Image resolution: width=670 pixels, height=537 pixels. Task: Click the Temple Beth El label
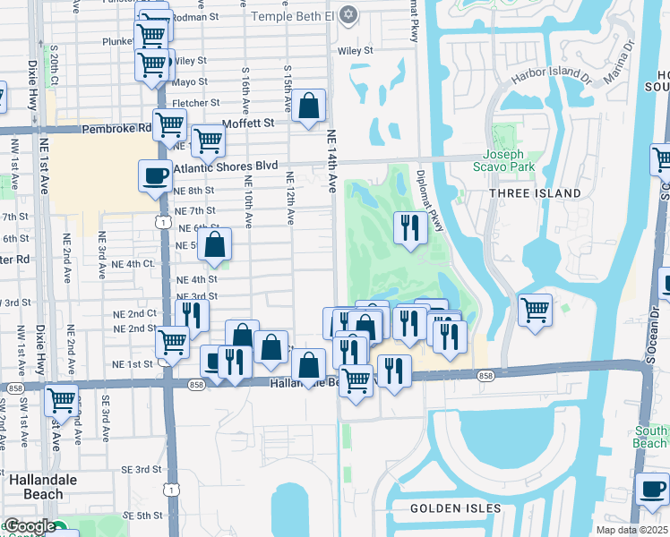tap(291, 16)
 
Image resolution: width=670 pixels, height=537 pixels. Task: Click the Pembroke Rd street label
tap(117, 129)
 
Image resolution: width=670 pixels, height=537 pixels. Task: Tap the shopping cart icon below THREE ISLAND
tap(535, 311)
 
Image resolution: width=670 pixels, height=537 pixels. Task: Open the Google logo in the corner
tap(30, 526)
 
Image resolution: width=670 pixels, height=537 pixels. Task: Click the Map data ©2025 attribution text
tap(631, 530)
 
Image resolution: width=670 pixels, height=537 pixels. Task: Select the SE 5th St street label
tap(142, 516)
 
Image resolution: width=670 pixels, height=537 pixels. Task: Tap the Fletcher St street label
tap(195, 103)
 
